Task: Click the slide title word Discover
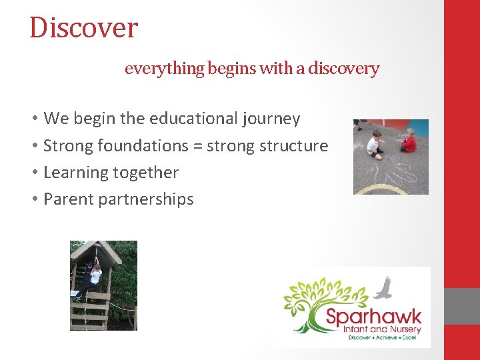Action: (83, 28)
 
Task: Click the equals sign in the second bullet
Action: (198, 146)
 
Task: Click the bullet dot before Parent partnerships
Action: (34, 199)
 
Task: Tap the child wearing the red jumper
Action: (408, 141)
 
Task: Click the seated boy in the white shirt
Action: (375, 144)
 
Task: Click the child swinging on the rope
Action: (93, 277)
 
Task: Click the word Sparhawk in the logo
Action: (373, 314)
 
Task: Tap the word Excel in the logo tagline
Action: (409, 337)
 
